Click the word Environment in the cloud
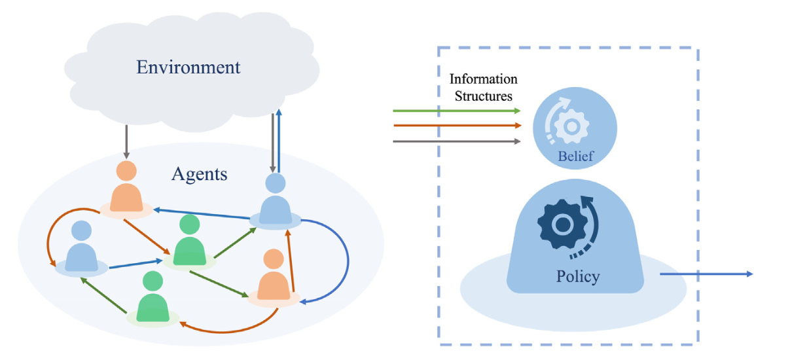[188, 67]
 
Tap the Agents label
[200, 174]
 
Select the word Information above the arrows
[483, 79]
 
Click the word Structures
[483, 96]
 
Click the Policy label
[577, 276]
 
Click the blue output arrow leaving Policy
[707, 274]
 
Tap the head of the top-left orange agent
[126, 170]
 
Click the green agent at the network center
[190, 242]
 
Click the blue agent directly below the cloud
[276, 200]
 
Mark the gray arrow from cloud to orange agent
[126, 139]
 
